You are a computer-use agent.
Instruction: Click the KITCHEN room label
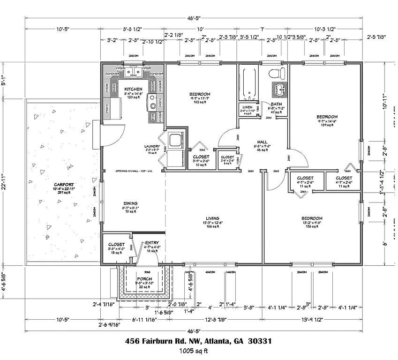(133, 89)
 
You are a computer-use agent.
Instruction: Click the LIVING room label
(213, 218)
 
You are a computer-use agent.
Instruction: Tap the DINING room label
(118, 203)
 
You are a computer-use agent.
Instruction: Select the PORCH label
(144, 279)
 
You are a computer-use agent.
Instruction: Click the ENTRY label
(152, 243)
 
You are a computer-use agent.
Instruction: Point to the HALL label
(262, 142)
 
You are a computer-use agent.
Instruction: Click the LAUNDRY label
(152, 146)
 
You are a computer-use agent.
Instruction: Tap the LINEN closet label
(247, 107)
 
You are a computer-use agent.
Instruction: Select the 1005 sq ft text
(193, 351)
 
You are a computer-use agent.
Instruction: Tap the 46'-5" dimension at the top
(193, 18)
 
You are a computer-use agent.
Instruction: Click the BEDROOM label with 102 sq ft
(200, 94)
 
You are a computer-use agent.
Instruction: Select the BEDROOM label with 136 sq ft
(312, 218)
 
